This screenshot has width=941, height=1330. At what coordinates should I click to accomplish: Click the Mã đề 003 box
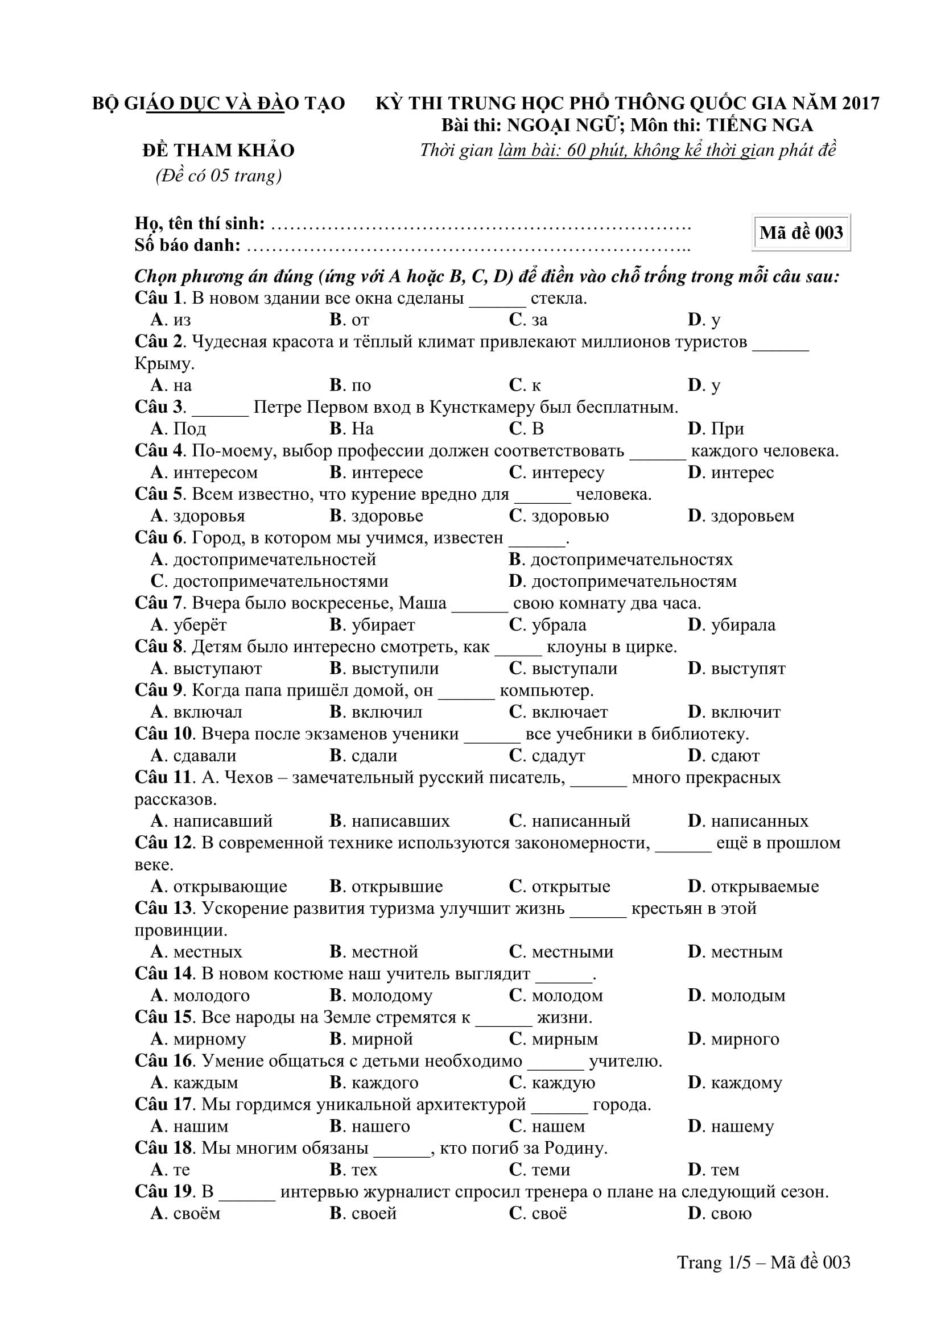click(x=801, y=233)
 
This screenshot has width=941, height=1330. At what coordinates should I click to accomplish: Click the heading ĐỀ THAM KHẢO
click(x=218, y=151)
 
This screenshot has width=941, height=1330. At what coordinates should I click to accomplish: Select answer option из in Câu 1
click(x=182, y=320)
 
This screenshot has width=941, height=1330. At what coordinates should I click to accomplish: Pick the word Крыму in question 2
click(x=163, y=364)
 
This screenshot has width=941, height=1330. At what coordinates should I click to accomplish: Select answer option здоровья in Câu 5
click(x=209, y=516)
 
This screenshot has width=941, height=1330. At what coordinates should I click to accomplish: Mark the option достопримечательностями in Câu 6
click(x=280, y=581)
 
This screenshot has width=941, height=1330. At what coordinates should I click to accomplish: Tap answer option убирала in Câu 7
click(x=742, y=625)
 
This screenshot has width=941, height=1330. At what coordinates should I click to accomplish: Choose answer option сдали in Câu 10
click(x=374, y=755)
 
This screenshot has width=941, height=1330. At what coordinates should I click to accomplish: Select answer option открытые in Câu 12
click(x=571, y=886)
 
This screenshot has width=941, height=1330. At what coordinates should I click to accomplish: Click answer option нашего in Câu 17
click(x=380, y=1126)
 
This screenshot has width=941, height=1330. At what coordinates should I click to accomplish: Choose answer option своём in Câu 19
click(x=196, y=1213)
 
